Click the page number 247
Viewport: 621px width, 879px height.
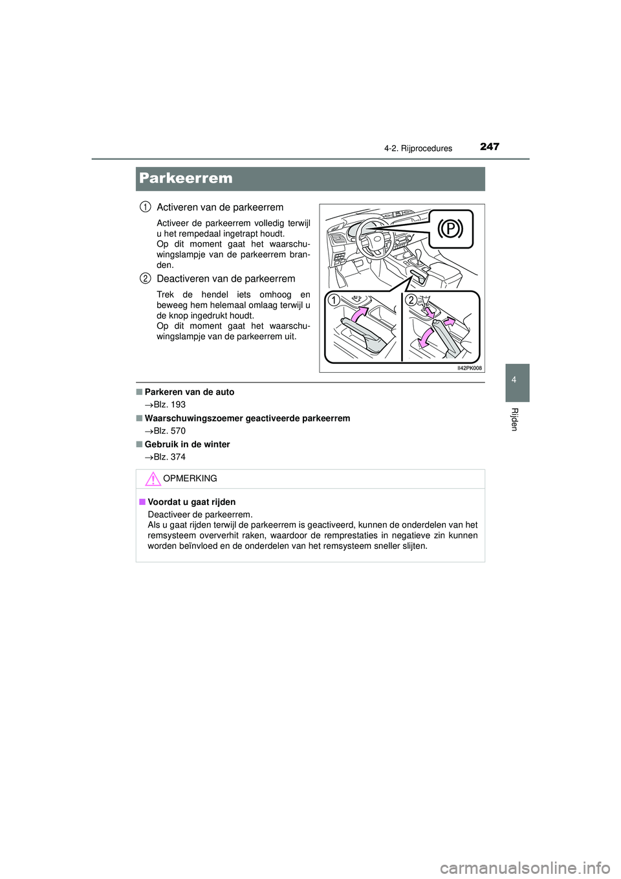click(490, 147)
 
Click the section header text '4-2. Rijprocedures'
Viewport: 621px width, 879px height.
click(418, 148)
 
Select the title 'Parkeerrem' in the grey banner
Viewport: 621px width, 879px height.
click(186, 179)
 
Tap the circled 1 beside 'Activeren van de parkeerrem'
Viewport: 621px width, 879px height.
click(146, 207)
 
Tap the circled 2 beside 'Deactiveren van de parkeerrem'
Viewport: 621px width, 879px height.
click(146, 279)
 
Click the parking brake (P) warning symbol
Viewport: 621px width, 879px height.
click(450, 229)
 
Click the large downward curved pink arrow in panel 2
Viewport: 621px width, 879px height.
click(426, 337)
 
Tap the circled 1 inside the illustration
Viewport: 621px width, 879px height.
click(333, 300)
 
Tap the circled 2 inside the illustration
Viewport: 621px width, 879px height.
click(411, 300)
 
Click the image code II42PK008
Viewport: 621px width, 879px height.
click(469, 368)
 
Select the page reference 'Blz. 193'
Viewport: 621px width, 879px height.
click(169, 405)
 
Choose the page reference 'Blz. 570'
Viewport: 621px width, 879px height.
click(169, 431)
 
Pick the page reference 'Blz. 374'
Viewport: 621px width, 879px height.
click(169, 457)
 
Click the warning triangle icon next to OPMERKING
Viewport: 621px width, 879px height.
click(153, 479)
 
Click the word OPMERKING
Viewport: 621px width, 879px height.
click(190, 479)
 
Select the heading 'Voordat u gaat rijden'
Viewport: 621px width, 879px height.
click(191, 502)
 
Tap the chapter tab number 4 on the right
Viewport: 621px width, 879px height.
click(514, 380)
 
